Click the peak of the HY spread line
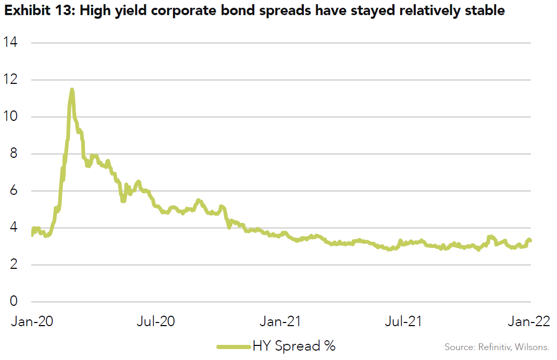pyautogui.click(x=72, y=90)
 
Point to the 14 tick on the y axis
pyautogui.click(x=10, y=43)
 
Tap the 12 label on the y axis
pyautogui.click(x=10, y=80)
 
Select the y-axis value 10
pyautogui.click(x=10, y=117)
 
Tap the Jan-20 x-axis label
pyautogui.click(x=31, y=321)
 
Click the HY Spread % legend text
pyautogui.click(x=294, y=345)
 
